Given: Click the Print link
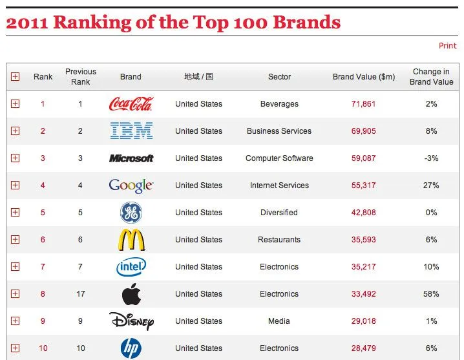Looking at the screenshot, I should (447, 46).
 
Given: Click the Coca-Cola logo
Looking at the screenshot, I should (131, 103).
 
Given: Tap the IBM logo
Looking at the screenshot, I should (131, 131).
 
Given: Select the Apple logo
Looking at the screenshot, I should (131, 294).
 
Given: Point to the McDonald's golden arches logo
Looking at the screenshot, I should (131, 240).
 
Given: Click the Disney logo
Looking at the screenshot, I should (131, 321).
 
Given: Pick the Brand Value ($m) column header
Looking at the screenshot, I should (363, 77).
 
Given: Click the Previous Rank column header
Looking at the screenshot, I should (81, 77).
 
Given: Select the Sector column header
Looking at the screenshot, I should (279, 77).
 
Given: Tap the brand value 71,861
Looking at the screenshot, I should (363, 104).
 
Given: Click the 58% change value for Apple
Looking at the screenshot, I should (432, 294).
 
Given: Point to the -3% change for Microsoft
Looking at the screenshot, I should (432, 158).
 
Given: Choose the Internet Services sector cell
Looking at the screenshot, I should (279, 185).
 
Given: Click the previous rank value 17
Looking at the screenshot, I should (81, 294).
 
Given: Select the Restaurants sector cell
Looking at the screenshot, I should (279, 240).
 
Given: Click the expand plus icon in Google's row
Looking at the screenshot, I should (16, 185).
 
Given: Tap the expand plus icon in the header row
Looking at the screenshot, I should (16, 77).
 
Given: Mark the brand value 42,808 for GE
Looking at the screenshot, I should (363, 213).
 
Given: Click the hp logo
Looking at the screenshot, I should (131, 349).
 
